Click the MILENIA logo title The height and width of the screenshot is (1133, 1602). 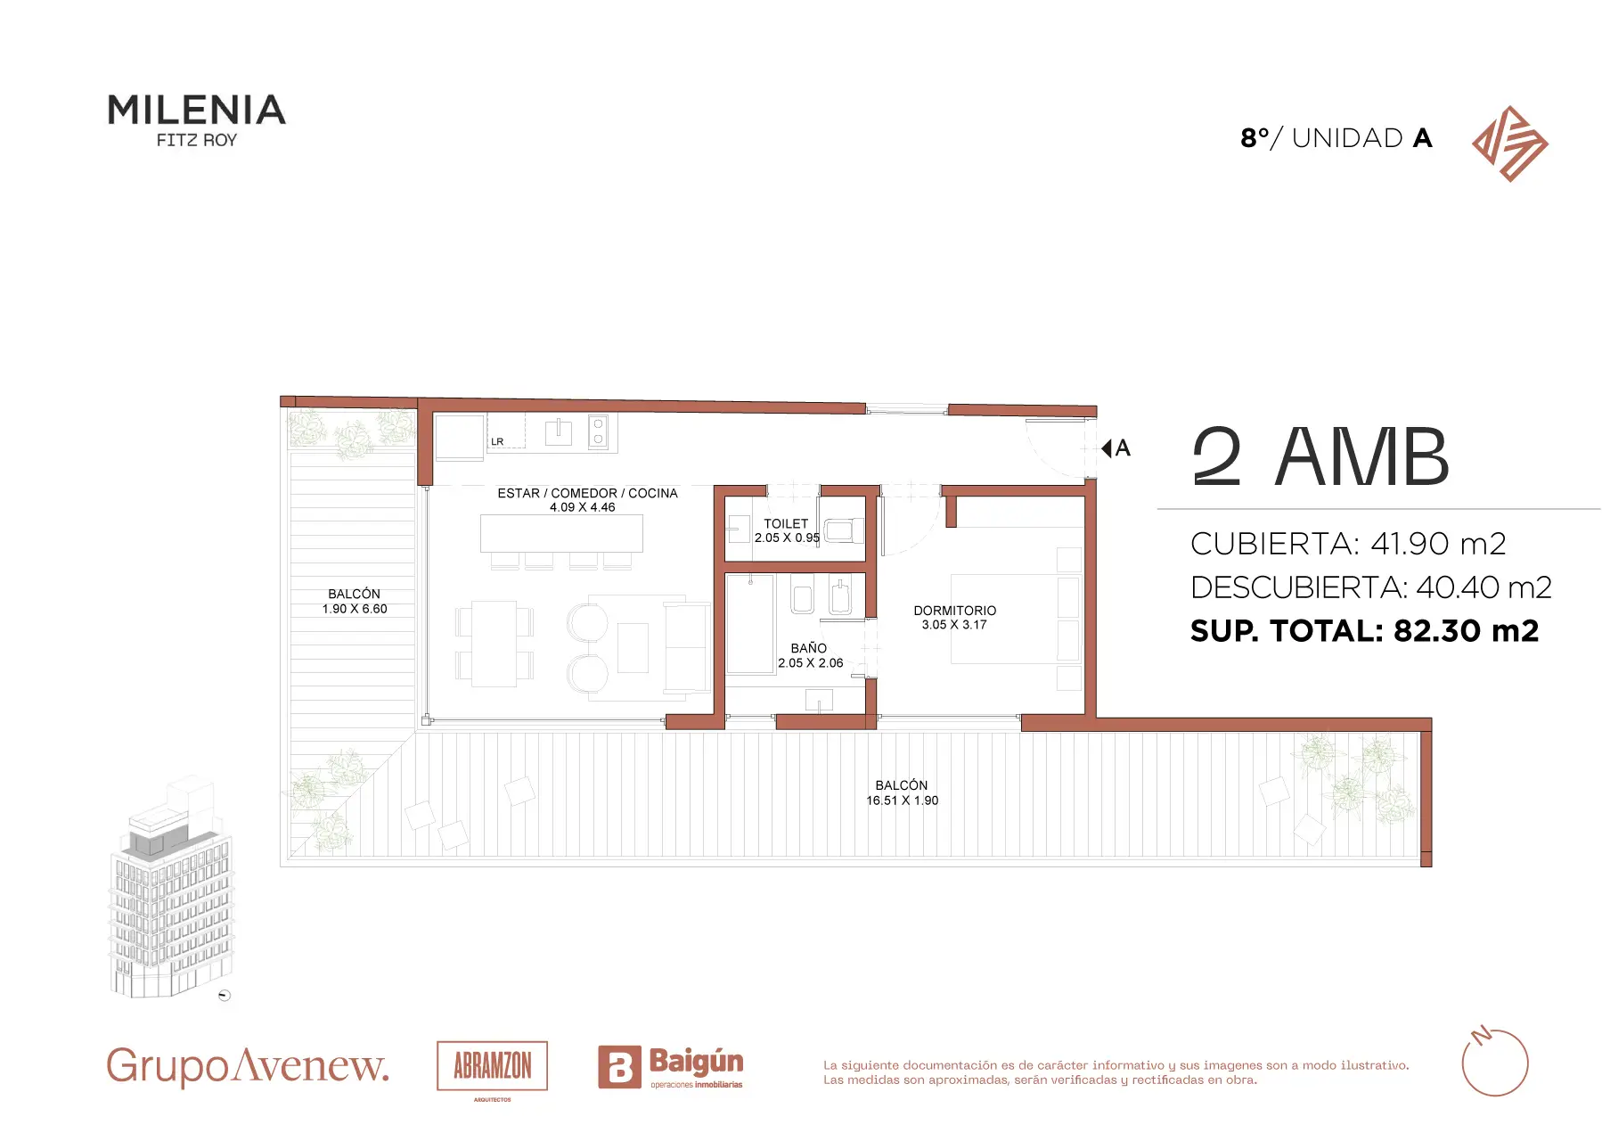[196, 111]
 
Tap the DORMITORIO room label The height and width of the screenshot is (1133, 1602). [954, 611]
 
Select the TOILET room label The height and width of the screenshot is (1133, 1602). [786, 524]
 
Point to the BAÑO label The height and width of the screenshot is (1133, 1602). [809, 648]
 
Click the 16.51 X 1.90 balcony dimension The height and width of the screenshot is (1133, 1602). [902, 800]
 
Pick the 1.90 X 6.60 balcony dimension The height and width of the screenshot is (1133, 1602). [355, 609]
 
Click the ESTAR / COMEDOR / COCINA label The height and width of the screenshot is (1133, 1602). [587, 493]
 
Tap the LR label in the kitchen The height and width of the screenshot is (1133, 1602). [497, 442]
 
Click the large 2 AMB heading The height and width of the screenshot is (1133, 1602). [1320, 456]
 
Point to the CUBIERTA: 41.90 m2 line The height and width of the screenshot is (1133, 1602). [1348, 543]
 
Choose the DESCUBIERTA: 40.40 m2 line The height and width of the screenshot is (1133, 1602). [1371, 587]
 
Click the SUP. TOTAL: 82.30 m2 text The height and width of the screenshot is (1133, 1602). [1365, 631]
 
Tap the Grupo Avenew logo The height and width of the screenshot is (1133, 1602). [248, 1066]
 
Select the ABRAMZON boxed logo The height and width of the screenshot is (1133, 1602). [492, 1066]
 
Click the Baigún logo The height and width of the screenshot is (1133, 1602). [671, 1067]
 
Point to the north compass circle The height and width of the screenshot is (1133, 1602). [1495, 1063]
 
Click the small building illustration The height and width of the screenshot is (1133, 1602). [171, 891]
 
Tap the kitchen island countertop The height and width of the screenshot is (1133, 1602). [561, 533]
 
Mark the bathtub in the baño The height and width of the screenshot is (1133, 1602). [750, 624]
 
